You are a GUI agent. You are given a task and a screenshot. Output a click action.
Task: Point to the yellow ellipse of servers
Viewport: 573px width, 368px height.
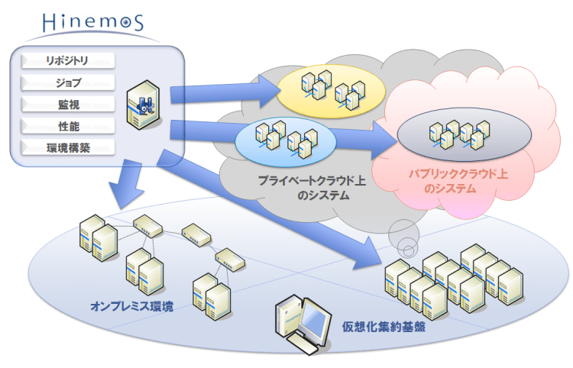tap(328, 89)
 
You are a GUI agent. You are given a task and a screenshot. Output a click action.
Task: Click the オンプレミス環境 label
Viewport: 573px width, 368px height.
tap(131, 307)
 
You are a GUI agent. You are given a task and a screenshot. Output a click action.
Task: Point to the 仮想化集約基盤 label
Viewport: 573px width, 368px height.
tap(384, 330)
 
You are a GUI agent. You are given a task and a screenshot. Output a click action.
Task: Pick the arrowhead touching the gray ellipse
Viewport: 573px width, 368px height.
tap(382, 139)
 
